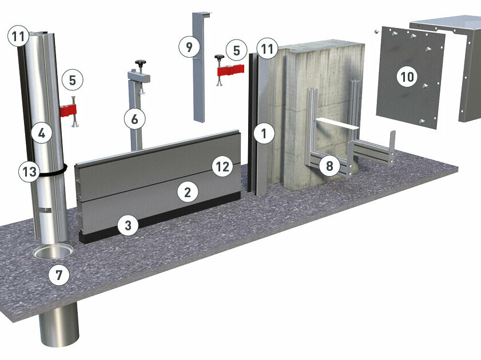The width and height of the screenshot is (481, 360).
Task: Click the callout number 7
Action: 59,275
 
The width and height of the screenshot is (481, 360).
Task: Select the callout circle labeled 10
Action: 407,77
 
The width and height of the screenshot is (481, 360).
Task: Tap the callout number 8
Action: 329,166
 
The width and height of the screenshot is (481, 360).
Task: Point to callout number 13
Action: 29,171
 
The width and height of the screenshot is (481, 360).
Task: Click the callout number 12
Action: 222,167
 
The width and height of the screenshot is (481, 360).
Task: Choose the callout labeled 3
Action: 128,225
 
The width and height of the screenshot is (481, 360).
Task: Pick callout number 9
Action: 189,47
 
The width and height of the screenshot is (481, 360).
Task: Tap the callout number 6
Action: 134,119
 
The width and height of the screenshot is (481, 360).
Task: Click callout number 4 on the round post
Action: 42,133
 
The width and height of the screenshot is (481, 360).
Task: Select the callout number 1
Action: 264,133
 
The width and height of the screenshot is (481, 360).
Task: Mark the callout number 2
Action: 188,192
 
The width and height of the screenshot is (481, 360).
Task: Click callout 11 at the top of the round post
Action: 18,37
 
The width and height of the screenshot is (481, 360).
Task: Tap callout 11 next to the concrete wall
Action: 267,49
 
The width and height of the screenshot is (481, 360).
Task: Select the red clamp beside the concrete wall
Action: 230,70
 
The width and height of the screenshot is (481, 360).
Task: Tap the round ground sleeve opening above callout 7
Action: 53,252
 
